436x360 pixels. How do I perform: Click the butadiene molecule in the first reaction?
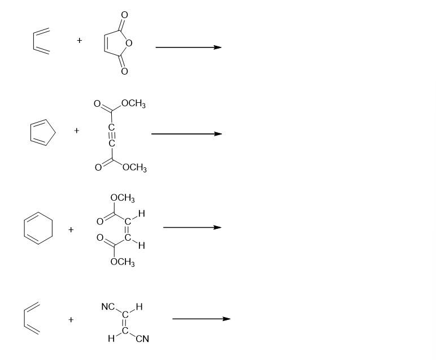tap(41, 41)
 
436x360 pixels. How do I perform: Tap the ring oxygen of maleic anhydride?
tap(129, 42)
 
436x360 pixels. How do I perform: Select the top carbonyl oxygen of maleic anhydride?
tap(124, 14)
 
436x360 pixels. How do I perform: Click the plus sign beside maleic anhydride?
tap(80, 40)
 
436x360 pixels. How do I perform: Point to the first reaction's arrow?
tap(188, 47)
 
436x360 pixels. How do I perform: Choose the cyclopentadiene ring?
tap(42, 133)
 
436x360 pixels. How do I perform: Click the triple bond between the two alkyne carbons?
tap(112, 136)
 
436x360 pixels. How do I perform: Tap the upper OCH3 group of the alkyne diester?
tap(133, 105)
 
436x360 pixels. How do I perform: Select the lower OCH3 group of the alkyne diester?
tap(134, 168)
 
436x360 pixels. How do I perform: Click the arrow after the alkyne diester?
tap(186, 134)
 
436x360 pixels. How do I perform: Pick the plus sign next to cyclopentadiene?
tap(77, 131)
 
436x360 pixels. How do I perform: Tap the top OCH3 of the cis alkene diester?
tap(123, 198)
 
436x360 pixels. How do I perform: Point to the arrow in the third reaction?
tap(192, 227)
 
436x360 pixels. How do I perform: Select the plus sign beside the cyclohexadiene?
tap(71, 229)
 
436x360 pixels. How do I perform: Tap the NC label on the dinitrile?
tap(108, 307)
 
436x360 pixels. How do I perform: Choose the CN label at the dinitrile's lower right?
tap(142, 339)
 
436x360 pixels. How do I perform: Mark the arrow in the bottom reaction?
tap(201, 319)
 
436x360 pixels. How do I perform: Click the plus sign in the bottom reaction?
tap(71, 319)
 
